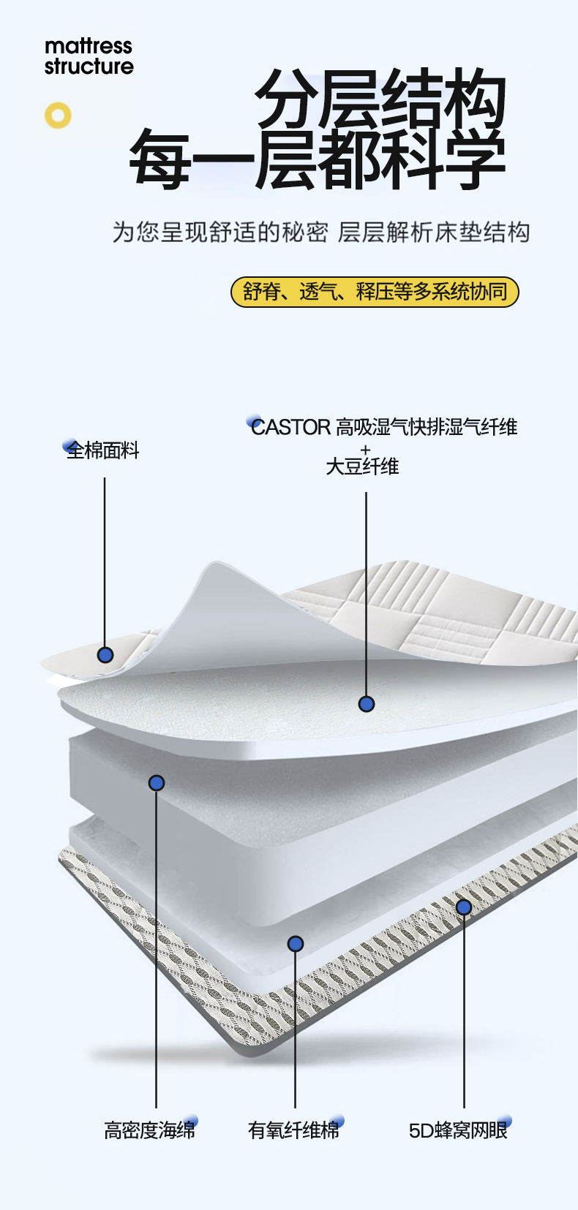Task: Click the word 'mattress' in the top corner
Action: point(89,47)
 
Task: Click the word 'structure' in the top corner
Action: point(89,67)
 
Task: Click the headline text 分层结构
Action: point(380,98)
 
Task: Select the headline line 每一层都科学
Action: point(318,159)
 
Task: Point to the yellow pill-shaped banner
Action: point(375,292)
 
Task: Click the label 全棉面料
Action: point(102,450)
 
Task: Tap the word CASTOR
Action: point(291,427)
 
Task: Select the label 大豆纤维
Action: point(362,466)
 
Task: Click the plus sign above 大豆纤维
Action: point(366,450)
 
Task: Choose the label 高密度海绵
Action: point(149,1130)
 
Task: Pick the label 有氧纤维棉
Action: point(293,1130)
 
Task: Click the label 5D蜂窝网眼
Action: point(458,1130)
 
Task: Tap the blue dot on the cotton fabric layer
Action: point(105,655)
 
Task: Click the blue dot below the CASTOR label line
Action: point(366,704)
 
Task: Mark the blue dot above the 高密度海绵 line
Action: point(157,783)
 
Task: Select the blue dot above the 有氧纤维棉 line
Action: point(295,944)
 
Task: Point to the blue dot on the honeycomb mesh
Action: point(463,907)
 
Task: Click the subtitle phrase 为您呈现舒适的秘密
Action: point(221,232)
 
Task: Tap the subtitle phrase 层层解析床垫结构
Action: point(434,232)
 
